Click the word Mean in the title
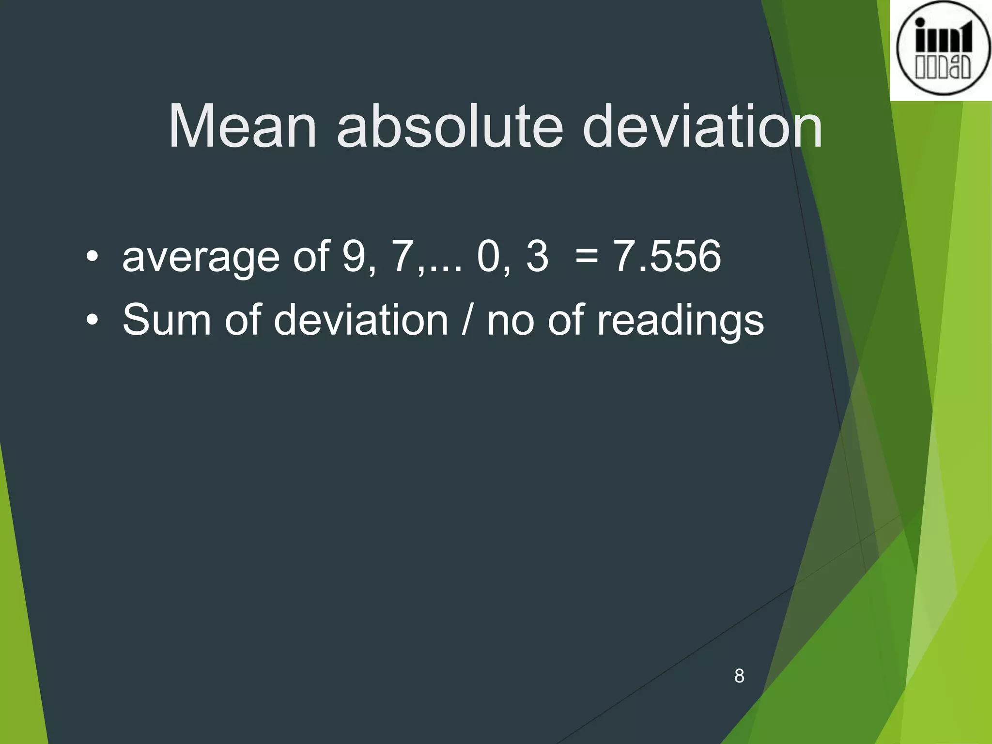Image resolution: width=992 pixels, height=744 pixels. tap(242, 127)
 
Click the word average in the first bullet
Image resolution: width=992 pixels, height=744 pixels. tap(201, 258)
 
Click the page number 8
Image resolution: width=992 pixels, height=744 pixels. tap(739, 676)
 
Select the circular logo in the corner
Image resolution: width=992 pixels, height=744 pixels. tap(943, 49)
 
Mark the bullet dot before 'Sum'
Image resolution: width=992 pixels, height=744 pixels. tap(92, 320)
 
